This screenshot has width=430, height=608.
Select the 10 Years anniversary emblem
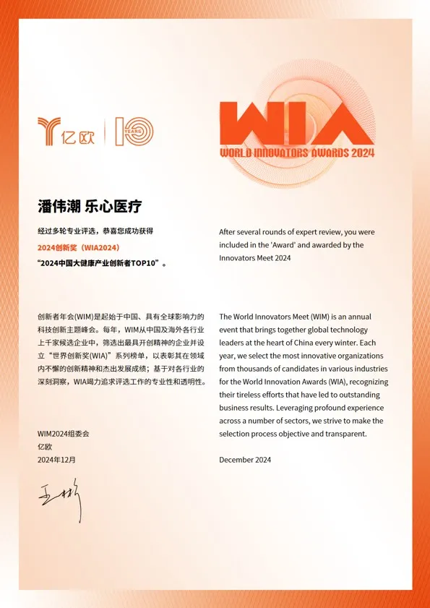134,131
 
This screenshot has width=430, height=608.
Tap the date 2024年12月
56,459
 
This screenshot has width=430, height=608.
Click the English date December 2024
245,459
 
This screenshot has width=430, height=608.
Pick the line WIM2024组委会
63,433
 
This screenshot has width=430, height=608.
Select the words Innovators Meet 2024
254,258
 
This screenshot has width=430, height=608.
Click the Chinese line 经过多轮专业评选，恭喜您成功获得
95,231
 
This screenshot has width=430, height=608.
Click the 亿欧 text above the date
45,446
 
